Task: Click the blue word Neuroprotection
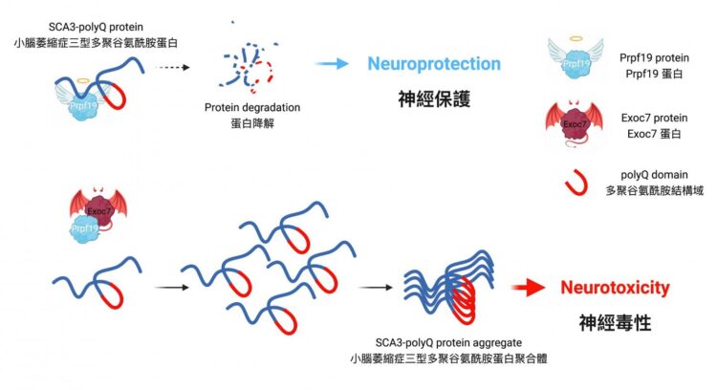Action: click(434, 64)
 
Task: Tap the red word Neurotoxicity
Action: click(615, 288)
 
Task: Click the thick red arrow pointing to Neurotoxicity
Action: click(529, 287)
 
